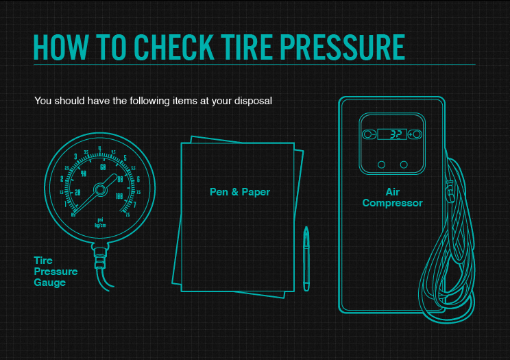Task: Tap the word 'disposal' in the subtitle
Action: [x=251, y=101]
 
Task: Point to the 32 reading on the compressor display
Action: [x=396, y=134]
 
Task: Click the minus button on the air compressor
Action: [x=369, y=134]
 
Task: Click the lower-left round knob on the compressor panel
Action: [x=381, y=165]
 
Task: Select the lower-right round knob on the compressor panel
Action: [x=404, y=165]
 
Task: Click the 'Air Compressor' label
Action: [x=392, y=198]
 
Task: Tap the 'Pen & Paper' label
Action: [x=240, y=192]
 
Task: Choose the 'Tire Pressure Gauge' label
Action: [x=55, y=272]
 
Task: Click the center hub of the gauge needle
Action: [x=100, y=188]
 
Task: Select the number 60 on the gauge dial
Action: [x=104, y=167]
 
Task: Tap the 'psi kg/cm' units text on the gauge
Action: [x=100, y=222]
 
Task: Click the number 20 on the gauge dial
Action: [x=77, y=193]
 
